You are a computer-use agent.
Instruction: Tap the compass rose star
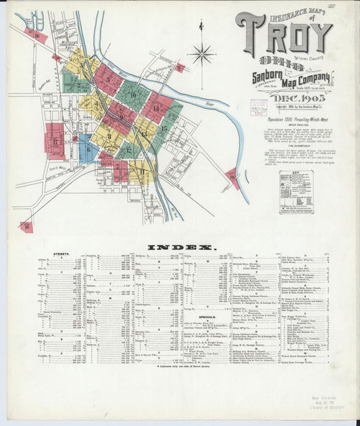tap(201, 52)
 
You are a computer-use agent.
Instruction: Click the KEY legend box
tap(296, 192)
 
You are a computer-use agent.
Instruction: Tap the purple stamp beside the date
tap(259, 107)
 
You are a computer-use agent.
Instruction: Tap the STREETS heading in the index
tap(57, 255)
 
